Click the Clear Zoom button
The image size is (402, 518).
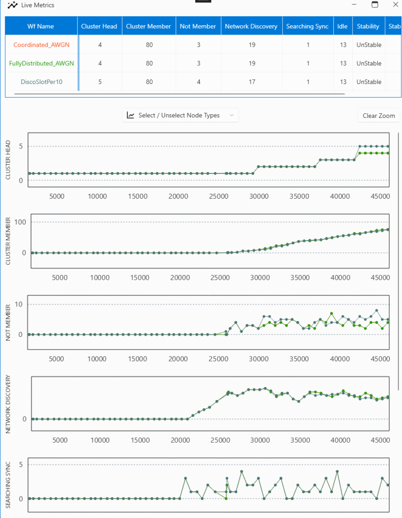point(379,116)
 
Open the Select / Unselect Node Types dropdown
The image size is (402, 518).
point(181,115)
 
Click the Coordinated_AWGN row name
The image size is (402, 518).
point(41,45)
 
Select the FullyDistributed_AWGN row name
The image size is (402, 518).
point(41,63)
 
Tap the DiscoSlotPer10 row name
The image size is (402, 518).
point(41,81)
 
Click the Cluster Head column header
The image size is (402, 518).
point(99,26)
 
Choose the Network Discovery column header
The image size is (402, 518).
point(251,26)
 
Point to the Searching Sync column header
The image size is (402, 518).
point(307,26)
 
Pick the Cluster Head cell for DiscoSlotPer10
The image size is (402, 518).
point(100,81)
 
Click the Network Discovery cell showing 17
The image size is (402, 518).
point(252,81)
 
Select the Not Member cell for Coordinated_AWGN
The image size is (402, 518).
point(199,45)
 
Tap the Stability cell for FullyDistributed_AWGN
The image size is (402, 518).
point(369,63)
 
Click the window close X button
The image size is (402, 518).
point(395,5)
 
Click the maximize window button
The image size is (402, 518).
point(375,5)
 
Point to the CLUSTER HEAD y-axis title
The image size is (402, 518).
point(8,160)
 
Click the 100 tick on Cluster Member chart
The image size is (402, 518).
point(20,222)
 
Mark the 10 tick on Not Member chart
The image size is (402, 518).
point(19,304)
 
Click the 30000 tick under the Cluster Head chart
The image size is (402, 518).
point(259,196)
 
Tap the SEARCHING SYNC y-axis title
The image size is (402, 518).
point(8,485)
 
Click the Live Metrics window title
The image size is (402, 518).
point(37,5)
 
